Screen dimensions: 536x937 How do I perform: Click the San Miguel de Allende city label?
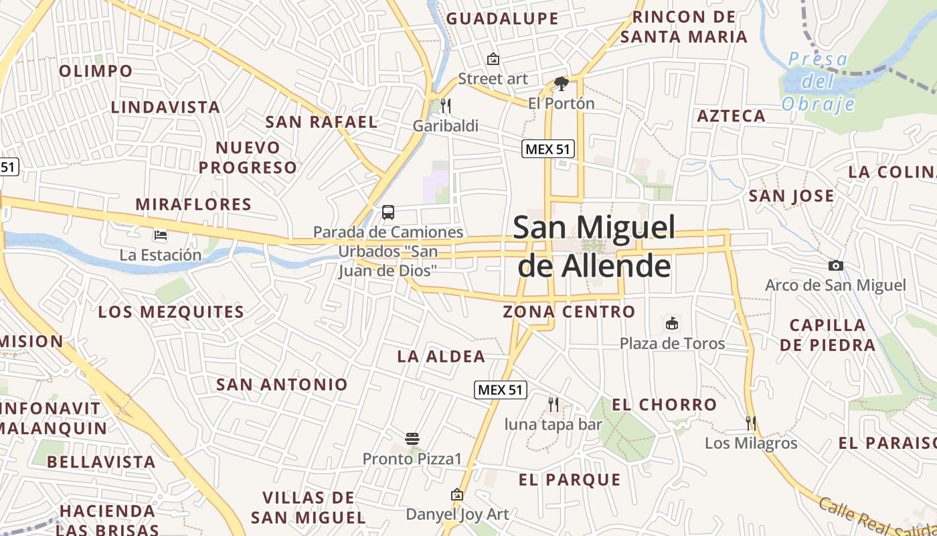point(594,247)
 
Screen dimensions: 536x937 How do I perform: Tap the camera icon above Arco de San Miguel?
point(835,266)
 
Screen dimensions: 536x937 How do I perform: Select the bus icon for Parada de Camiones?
point(388,213)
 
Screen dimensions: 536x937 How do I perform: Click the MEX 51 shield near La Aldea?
point(501,390)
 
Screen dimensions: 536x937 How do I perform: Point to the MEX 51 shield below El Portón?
point(548,149)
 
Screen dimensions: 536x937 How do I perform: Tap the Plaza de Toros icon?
point(671,324)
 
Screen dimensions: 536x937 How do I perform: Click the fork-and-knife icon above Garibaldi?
point(445,105)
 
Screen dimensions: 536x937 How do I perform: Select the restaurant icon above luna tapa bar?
point(553,404)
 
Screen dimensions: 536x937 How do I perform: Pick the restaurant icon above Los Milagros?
point(751,423)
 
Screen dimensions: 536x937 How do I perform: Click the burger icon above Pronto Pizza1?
point(412,439)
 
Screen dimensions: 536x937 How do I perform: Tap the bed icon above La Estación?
point(161,234)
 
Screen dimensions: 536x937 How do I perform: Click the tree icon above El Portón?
point(561,84)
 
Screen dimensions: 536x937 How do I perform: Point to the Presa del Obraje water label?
point(818,82)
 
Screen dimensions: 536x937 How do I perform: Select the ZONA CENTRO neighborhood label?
point(569,312)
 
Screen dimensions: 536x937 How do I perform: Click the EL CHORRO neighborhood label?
point(665,405)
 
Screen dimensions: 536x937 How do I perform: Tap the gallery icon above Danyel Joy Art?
point(457,494)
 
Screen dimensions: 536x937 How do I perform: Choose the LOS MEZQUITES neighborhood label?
point(171,312)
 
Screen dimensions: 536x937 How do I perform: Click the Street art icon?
point(493,59)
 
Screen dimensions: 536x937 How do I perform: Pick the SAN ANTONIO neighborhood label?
point(282,385)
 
